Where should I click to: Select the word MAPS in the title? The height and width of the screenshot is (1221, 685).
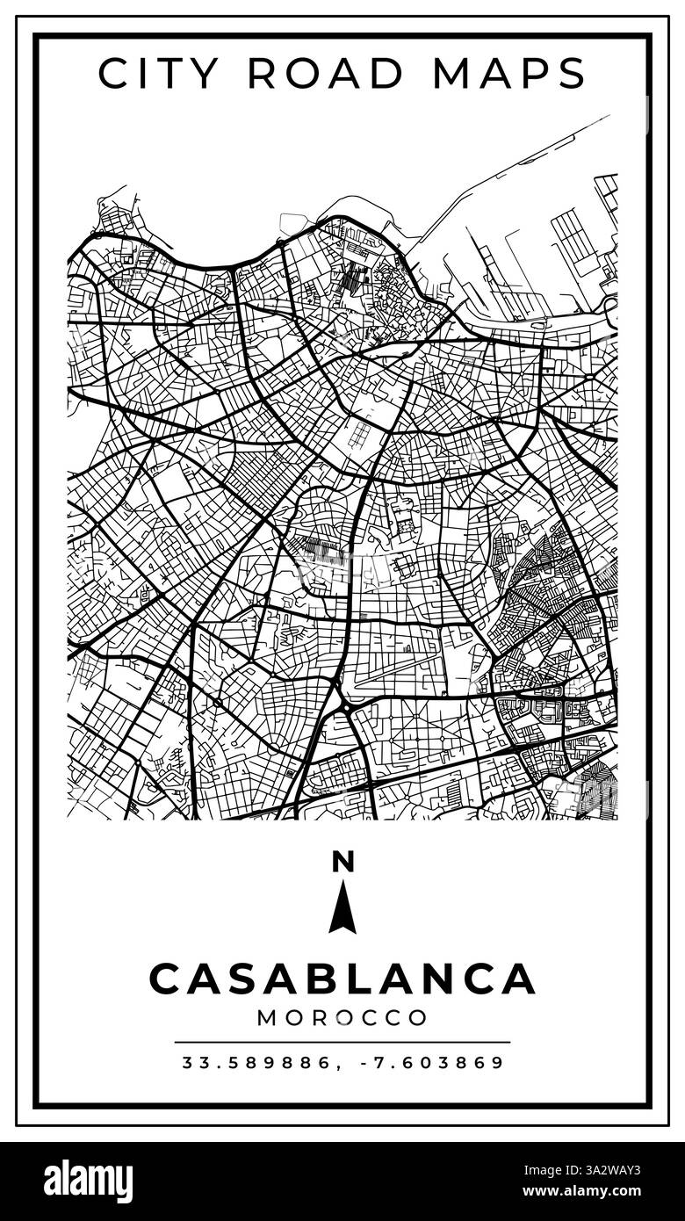tap(508, 73)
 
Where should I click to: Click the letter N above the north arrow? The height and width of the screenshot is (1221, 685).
tap(342, 863)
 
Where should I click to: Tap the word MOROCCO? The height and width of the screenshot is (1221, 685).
tap(342, 1018)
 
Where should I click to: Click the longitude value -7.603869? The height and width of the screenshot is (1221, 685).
tap(433, 1063)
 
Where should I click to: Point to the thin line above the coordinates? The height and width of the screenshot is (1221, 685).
tap(342, 1043)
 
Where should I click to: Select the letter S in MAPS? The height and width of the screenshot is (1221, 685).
tap(572, 73)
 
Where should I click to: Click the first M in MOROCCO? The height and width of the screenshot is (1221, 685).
tap(268, 1018)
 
